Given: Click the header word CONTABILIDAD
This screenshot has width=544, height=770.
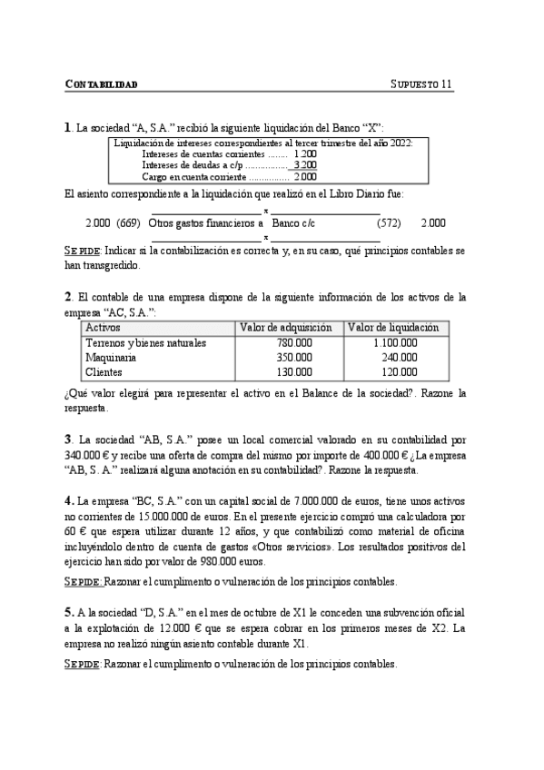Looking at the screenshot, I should click(102, 85).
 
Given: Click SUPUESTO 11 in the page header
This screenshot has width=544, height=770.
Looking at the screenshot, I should click(421, 85).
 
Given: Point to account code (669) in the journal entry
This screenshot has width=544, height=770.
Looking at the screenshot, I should click(128, 222).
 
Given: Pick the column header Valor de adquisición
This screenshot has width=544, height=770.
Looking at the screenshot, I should click(285, 327).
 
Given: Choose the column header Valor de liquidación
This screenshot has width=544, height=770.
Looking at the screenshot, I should click(393, 327).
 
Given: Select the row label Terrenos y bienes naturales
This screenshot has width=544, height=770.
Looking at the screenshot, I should click(145, 343).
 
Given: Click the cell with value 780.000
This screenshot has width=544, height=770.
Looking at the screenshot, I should click(293, 343).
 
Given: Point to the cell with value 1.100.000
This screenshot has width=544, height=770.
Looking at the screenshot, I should click(395, 343).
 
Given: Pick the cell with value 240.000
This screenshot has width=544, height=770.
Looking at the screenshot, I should click(399, 358).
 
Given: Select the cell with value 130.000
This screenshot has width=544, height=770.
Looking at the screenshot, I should click(293, 372).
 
